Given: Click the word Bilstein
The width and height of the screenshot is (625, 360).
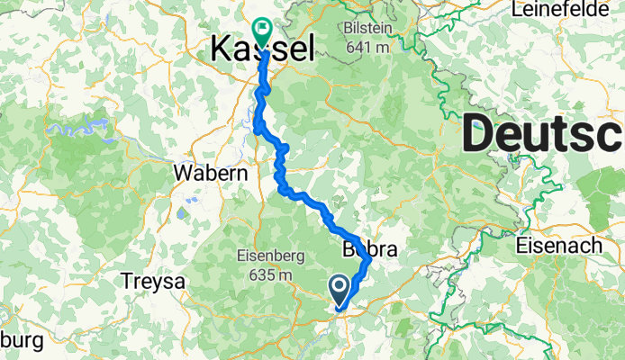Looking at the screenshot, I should click(x=367, y=28).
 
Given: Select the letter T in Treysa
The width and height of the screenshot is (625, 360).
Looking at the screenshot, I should click(x=127, y=282).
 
